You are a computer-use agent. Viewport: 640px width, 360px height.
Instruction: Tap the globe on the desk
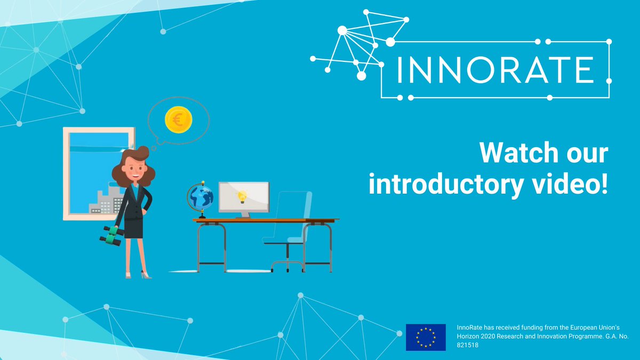201,197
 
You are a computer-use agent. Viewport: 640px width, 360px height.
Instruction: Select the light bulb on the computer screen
243,196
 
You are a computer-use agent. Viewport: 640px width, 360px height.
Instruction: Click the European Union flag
426,337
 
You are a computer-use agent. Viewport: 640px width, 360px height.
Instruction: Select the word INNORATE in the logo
494,70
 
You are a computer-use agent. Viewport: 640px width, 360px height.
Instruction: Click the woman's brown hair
143,165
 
